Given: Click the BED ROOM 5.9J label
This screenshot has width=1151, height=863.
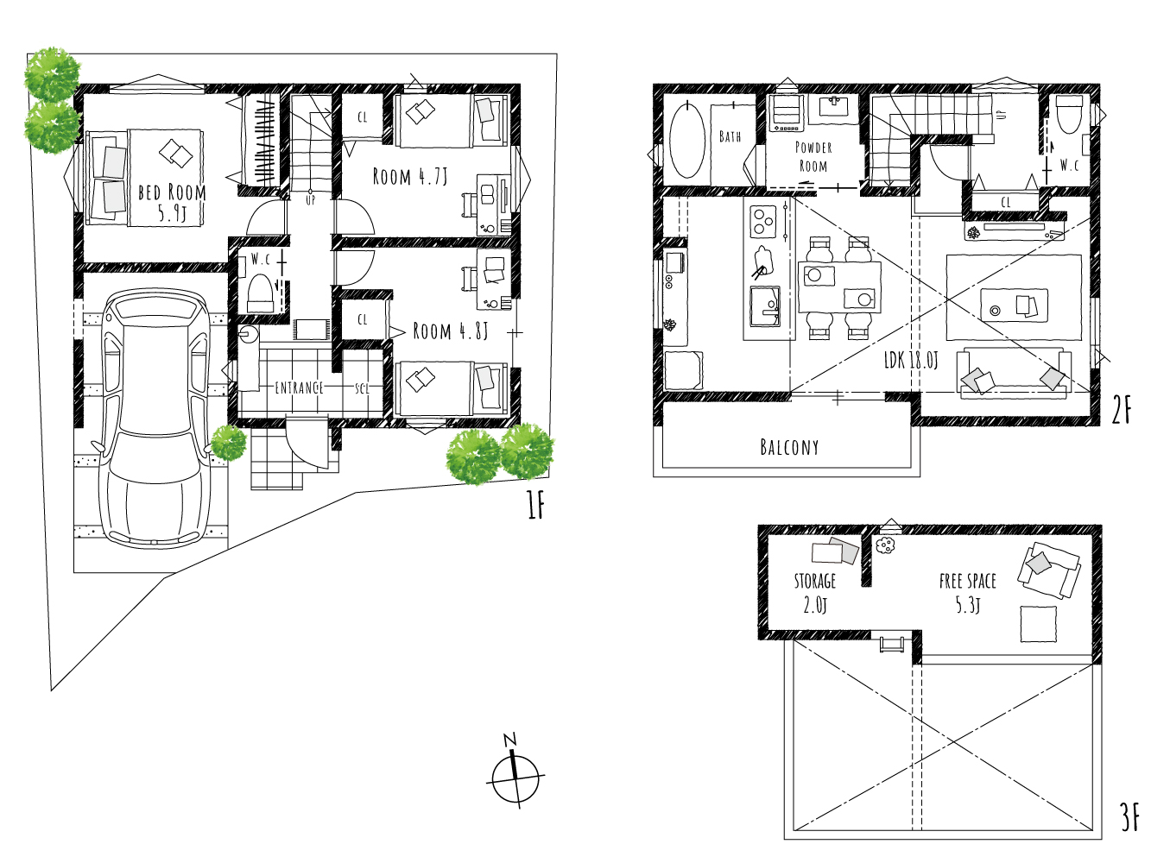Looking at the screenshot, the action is (x=172, y=202).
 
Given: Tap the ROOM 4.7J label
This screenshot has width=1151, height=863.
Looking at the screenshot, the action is (x=409, y=177).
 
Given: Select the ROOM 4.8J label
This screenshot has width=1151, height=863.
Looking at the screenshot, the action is (x=451, y=331).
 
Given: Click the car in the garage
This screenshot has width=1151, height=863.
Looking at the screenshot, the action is (x=155, y=418).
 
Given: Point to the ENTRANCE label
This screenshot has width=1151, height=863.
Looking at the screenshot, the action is (x=299, y=387).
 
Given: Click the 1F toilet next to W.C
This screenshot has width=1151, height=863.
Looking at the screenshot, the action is (x=260, y=293).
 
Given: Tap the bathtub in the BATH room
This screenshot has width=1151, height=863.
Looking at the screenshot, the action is (x=687, y=140).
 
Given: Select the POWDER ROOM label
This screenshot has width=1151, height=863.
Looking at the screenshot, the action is (x=813, y=157).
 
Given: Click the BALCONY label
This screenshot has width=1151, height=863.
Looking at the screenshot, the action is (x=789, y=447).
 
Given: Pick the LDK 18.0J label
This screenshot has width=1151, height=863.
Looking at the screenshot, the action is (x=911, y=360).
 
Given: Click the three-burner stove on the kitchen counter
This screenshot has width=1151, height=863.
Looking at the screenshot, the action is (x=762, y=222).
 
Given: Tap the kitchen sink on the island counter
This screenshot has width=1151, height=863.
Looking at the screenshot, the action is (x=765, y=306).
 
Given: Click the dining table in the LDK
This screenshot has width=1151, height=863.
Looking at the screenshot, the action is (x=839, y=287).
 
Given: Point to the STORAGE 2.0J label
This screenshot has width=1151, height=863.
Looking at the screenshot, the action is (x=815, y=593).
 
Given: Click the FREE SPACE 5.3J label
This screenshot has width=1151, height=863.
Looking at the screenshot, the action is (x=967, y=593).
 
